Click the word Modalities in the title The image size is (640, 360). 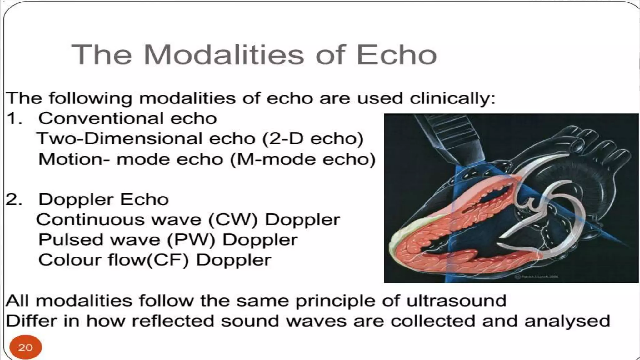(223, 55)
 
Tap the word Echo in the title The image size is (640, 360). (396, 55)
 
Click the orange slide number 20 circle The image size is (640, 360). (25, 347)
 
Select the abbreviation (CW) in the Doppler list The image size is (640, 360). (233, 220)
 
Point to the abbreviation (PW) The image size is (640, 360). (191, 240)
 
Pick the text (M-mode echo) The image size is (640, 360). (302, 159)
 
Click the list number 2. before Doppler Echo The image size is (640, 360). (14, 199)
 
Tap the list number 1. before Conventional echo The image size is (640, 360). (14, 118)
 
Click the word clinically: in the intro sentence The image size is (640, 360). (452, 98)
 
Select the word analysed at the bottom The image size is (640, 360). (567, 321)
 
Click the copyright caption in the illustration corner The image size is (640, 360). (536, 277)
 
